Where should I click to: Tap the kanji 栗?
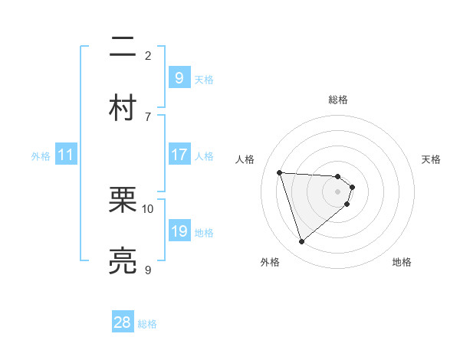(123, 201)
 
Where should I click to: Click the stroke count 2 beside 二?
(148, 55)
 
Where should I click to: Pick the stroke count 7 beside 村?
(148, 116)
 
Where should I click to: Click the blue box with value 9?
(179, 78)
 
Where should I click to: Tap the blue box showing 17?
(179, 155)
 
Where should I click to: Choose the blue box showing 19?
(179, 231)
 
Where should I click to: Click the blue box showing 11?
(66, 155)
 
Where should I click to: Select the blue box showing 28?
(123, 322)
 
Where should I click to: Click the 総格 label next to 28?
(147, 324)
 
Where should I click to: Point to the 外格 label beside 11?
(41, 156)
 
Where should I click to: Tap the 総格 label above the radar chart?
(338, 100)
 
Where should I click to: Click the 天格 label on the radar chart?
(432, 159)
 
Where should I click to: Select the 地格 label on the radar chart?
(402, 262)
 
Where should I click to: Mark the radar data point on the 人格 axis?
(280, 172)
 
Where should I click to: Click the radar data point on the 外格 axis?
(302, 242)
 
